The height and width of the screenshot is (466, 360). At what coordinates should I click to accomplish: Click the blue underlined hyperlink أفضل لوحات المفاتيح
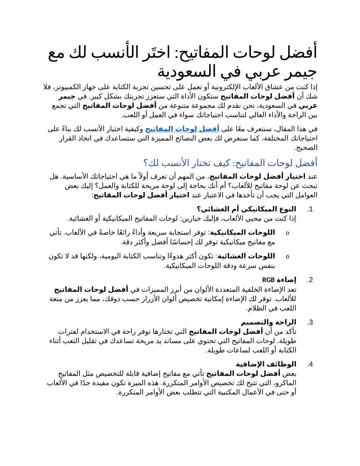pyautogui.click(x=182, y=129)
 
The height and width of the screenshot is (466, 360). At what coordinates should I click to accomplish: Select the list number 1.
pyautogui.click(x=310, y=209)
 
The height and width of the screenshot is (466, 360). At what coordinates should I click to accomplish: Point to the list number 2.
pyautogui.click(x=310, y=280)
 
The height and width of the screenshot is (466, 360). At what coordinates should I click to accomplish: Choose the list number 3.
pyautogui.click(x=310, y=322)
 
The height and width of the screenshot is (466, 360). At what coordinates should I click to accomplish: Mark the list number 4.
pyautogui.click(x=310, y=364)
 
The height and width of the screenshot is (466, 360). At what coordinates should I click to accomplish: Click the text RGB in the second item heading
pyautogui.click(x=268, y=280)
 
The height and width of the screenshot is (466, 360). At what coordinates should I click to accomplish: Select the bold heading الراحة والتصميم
pyautogui.click(x=269, y=322)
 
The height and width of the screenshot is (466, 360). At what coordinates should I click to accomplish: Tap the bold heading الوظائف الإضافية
pyautogui.click(x=266, y=364)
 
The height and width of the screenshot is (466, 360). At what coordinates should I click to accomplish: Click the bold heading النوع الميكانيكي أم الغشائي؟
pyautogui.click(x=246, y=209)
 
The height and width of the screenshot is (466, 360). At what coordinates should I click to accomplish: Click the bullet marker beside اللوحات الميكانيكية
pyautogui.click(x=288, y=233)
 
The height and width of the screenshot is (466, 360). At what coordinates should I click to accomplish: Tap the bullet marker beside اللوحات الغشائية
pyautogui.click(x=288, y=256)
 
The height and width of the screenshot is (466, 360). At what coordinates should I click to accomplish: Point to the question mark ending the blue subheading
pyautogui.click(x=146, y=163)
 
